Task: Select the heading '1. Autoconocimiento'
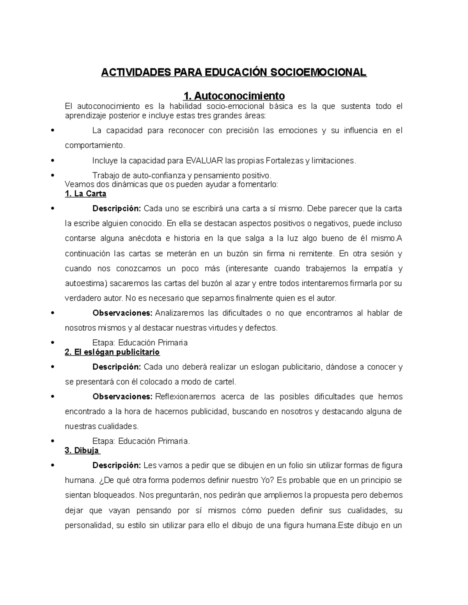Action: (x=234, y=95)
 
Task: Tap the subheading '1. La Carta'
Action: (x=85, y=194)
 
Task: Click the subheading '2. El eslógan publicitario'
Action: (x=112, y=352)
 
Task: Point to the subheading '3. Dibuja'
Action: (x=82, y=451)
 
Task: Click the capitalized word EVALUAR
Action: (x=204, y=161)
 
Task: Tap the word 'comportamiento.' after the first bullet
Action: (x=95, y=145)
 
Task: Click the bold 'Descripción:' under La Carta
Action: (x=117, y=208)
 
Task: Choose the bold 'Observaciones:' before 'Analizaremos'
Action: (x=122, y=313)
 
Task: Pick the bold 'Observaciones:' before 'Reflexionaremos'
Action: (x=122, y=397)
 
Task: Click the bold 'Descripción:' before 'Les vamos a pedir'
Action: (x=117, y=465)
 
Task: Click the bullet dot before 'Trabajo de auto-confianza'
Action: (x=52, y=176)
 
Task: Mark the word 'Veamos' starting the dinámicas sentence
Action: (x=78, y=185)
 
